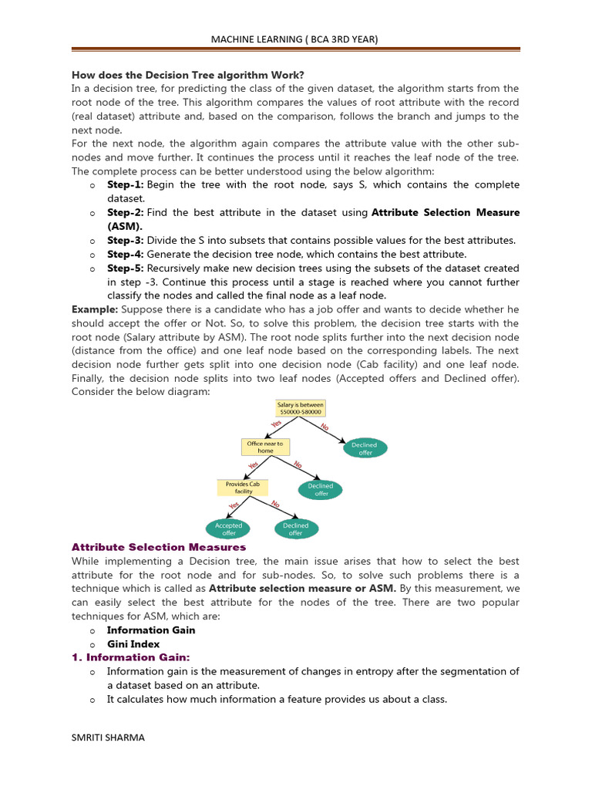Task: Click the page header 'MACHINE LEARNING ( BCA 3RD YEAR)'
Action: click(296, 39)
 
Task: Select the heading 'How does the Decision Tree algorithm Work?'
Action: click(188, 75)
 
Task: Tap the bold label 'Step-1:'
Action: click(125, 185)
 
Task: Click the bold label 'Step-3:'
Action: click(125, 241)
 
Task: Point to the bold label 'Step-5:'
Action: click(125, 268)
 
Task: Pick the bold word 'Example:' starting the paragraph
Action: click(95, 309)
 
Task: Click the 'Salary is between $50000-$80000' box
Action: click(301, 409)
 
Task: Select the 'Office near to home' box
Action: click(265, 447)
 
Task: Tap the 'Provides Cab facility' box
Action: click(243, 488)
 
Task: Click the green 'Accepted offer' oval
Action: click(229, 529)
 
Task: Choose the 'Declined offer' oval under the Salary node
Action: click(365, 448)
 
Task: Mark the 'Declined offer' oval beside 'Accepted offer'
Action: click(295, 529)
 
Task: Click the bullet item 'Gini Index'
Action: click(133, 644)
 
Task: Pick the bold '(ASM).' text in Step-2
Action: click(125, 227)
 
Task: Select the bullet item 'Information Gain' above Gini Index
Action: click(151, 630)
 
